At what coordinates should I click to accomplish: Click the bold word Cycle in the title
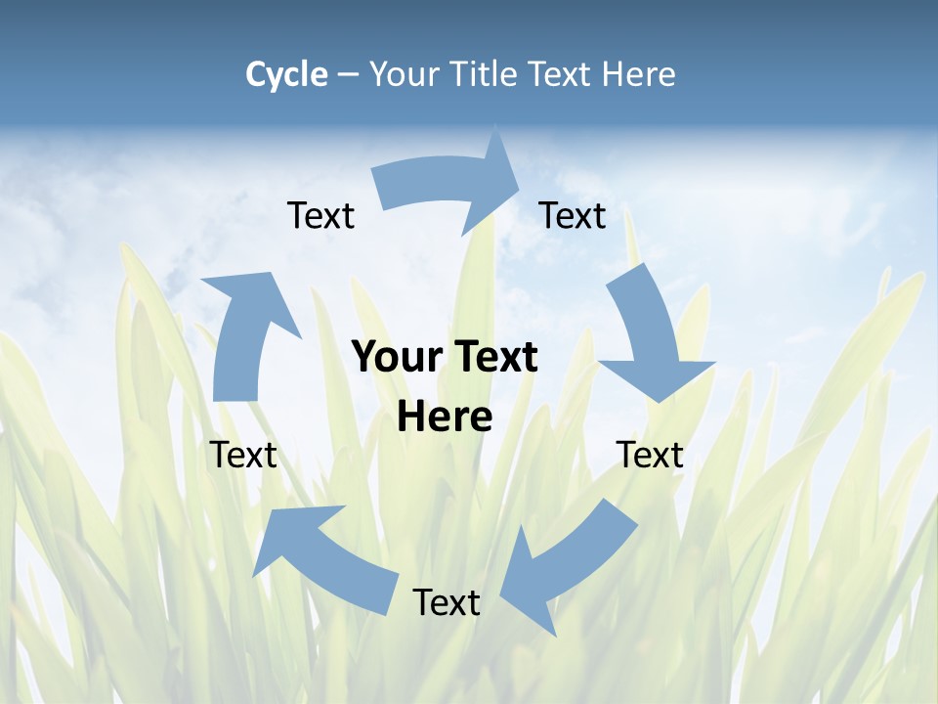pyautogui.click(x=286, y=74)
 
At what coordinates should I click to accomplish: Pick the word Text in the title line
pyautogui.click(x=562, y=74)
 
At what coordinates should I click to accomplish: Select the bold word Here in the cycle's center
pyautogui.click(x=445, y=418)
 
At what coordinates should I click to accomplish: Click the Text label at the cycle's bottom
pyautogui.click(x=447, y=602)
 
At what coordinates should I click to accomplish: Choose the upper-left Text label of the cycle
pyautogui.click(x=321, y=215)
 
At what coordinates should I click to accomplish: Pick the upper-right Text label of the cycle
pyautogui.click(x=573, y=215)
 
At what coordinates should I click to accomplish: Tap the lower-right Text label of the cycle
pyautogui.click(x=650, y=455)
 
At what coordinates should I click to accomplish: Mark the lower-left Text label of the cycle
pyautogui.click(x=244, y=455)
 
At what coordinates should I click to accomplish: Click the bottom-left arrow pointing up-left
pyautogui.click(x=322, y=557)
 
